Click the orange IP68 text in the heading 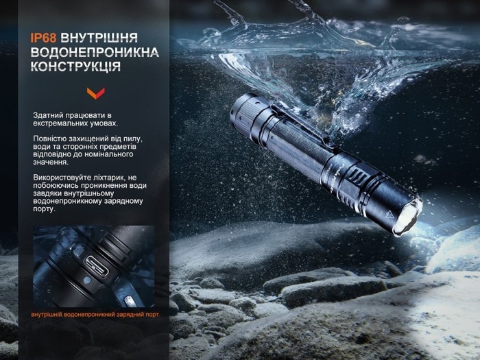pyautogui.click(x=43, y=38)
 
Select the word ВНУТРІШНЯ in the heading pyautogui.click(x=108, y=38)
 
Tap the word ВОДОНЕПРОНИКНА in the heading pyautogui.click(x=95, y=52)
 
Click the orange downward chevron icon pyautogui.click(x=95, y=93)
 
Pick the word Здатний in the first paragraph pyautogui.click(x=48, y=115)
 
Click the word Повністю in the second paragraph pyautogui.click(x=50, y=139)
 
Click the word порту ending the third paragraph pyautogui.click(x=44, y=209)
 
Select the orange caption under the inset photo pyautogui.click(x=95, y=315)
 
